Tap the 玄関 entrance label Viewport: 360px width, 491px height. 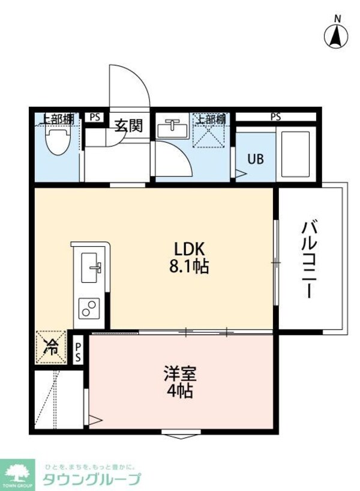pyautogui.click(x=129, y=126)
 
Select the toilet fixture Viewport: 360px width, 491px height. pyautogui.click(x=58, y=142)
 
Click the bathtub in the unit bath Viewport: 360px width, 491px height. pyautogui.click(x=295, y=154)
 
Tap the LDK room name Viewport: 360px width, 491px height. pyautogui.click(x=190, y=249)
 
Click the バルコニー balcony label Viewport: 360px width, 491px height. pyautogui.click(x=308, y=259)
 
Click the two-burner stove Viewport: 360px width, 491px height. pyautogui.click(x=90, y=310)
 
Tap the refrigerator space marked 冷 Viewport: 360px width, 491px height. pyautogui.click(x=52, y=346)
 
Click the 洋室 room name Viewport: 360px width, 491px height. pyautogui.click(x=180, y=374)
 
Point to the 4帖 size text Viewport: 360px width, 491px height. pyautogui.click(x=180, y=391)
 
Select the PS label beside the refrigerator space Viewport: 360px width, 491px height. pyautogui.click(x=79, y=351)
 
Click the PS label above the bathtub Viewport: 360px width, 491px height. pyautogui.click(x=275, y=117)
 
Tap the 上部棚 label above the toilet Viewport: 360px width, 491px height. pyautogui.click(x=56, y=119)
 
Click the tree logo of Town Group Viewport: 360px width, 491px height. pyautogui.click(x=18, y=469)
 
